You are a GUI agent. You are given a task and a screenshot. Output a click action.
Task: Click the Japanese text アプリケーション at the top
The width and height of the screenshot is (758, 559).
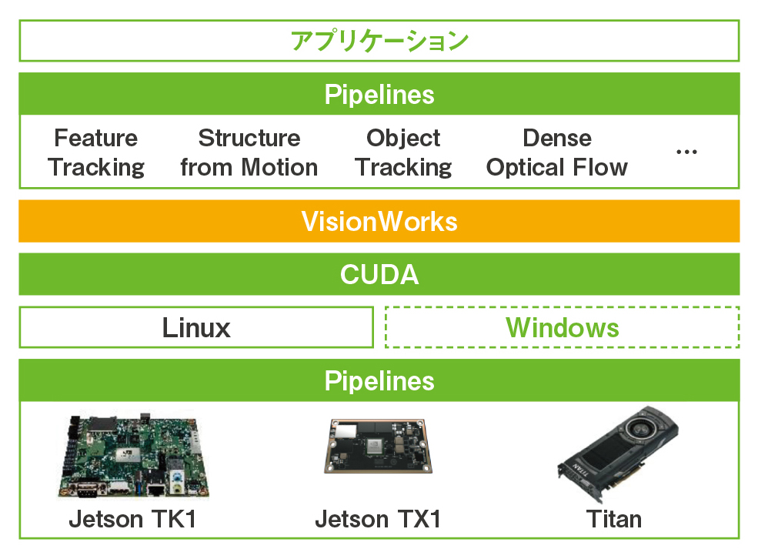pos(379,41)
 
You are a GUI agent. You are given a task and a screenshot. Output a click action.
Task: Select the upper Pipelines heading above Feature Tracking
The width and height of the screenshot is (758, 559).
pos(379,94)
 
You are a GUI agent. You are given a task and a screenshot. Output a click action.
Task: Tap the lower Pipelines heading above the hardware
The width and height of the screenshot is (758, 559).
pos(379,381)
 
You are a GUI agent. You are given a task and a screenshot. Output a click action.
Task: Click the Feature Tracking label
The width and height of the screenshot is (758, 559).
pos(95,152)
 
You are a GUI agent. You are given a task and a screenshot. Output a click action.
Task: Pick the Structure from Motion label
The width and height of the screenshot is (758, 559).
pos(249,152)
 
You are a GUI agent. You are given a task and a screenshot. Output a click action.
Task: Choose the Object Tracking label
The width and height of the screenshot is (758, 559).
pos(403,152)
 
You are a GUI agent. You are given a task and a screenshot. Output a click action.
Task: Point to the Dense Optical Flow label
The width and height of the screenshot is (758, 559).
pos(557,152)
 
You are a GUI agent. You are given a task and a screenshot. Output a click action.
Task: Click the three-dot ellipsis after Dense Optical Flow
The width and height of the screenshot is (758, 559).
pos(686,152)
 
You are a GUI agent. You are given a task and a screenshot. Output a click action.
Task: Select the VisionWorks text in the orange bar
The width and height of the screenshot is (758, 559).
pos(379,222)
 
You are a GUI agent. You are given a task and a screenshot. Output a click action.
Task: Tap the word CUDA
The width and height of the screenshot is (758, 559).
pos(379,275)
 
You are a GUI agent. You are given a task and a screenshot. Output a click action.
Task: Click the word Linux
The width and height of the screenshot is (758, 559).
pos(196,328)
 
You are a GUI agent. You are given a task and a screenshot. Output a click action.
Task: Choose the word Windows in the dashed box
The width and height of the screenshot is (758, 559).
pos(563,328)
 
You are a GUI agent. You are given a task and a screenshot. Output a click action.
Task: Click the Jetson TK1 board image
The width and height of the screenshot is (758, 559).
pos(134,456)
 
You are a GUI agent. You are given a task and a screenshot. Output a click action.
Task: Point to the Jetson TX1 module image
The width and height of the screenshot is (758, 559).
pos(378,446)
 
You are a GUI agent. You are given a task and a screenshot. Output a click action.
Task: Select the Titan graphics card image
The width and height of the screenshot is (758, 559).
pos(618,454)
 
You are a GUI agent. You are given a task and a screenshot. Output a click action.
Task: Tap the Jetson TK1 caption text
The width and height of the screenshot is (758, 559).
pos(132,520)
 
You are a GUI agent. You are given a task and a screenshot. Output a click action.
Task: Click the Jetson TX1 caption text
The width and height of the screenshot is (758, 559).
pos(378,520)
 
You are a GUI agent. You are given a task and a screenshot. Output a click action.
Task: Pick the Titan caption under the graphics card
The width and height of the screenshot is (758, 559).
pos(614,520)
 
